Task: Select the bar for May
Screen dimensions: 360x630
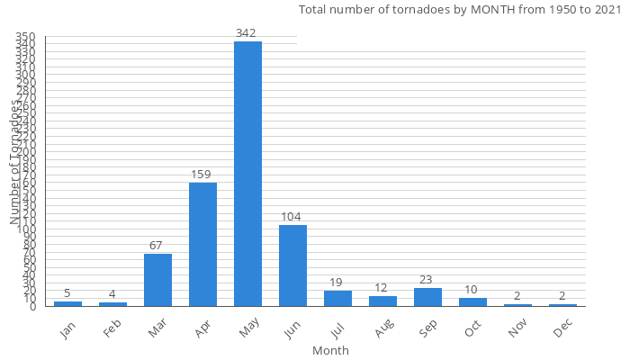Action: [247, 174]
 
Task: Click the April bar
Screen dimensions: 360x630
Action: [202, 244]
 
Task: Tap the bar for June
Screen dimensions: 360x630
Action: [292, 265]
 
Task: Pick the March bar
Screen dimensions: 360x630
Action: [157, 280]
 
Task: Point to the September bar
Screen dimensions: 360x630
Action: [427, 297]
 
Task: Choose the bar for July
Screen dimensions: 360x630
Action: [337, 299]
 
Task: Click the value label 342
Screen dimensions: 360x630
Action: [246, 33]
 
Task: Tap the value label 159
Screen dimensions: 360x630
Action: [201, 175]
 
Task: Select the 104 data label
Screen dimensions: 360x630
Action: [291, 217]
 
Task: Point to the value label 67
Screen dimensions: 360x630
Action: [157, 246]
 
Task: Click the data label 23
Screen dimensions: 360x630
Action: [427, 280]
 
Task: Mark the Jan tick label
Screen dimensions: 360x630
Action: [67, 330]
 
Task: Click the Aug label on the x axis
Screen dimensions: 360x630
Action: [382, 330]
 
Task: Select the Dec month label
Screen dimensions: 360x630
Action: [562, 330]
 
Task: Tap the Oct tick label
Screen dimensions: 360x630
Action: [472, 330]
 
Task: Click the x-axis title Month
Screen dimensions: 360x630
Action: [330, 350]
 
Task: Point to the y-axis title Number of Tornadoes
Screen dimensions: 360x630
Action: [15, 162]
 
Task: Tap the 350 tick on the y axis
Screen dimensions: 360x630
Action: [25, 36]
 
